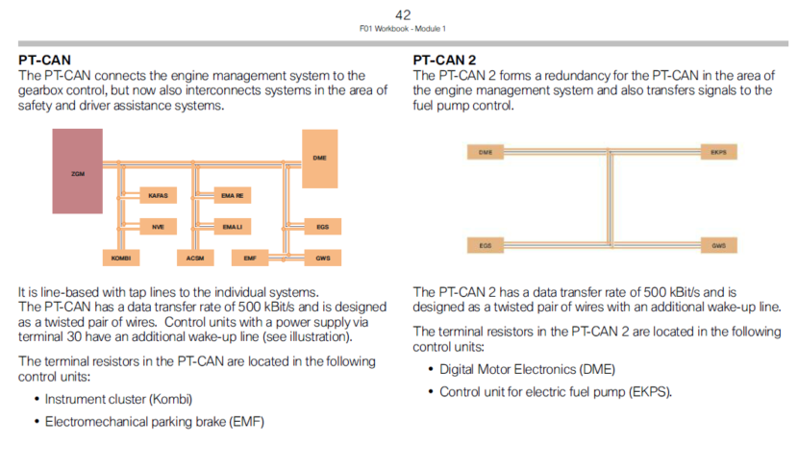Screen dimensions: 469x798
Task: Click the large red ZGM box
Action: coord(78,171)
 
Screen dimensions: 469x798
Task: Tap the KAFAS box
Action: coord(158,195)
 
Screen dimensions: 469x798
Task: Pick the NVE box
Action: coord(158,227)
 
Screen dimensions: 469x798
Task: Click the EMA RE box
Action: coord(232,195)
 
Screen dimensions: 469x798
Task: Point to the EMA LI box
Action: coord(232,227)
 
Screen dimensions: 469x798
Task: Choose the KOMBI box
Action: coord(121,259)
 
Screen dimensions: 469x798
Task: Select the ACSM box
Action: coord(194,259)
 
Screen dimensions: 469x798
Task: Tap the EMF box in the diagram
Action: coord(249,259)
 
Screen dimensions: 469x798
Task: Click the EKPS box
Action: coord(718,152)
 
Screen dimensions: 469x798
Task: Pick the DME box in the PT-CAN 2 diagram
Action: coord(486,152)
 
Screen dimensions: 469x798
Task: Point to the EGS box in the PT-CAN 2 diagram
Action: coord(486,245)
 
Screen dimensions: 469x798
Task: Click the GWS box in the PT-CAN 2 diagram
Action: coord(718,245)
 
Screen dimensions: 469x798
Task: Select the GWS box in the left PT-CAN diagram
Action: coord(321,259)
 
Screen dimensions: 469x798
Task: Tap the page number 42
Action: coord(403,14)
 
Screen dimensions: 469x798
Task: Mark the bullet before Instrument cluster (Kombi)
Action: coord(37,398)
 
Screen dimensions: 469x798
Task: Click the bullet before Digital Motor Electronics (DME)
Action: coord(430,369)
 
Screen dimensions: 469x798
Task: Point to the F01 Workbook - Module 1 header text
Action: coord(403,29)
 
